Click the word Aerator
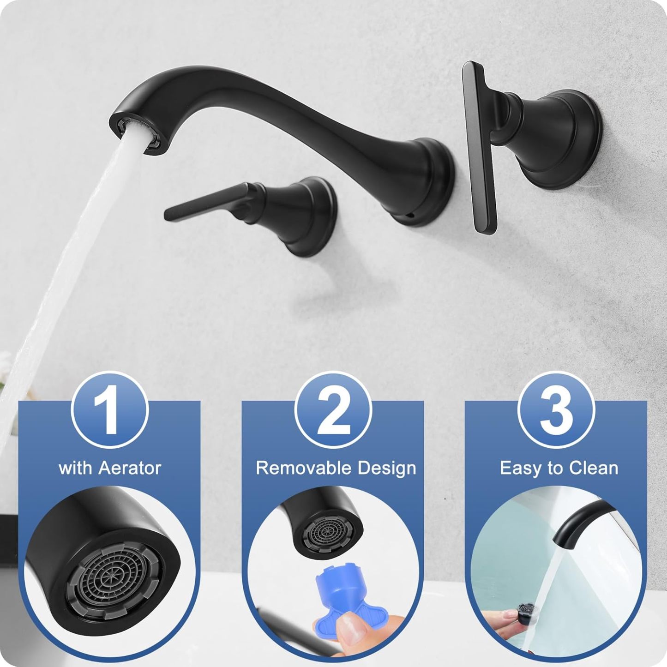pos(130,468)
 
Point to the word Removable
pos(303,468)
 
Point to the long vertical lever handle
pos(479,148)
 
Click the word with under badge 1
pos(75,468)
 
